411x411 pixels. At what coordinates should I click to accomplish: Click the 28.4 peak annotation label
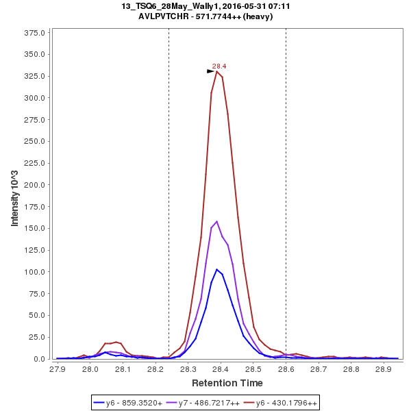tap(219, 66)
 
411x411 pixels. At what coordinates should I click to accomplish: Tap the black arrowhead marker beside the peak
tap(211, 71)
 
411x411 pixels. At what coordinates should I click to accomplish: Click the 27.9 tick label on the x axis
tap(58, 369)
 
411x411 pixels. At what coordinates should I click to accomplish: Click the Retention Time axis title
tap(227, 382)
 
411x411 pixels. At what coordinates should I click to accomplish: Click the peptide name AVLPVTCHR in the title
tap(162, 16)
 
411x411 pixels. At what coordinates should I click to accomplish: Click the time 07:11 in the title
tap(268, 6)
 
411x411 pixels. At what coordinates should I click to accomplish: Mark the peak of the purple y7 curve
tap(216, 221)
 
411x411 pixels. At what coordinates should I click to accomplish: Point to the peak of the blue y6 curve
tap(216, 269)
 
